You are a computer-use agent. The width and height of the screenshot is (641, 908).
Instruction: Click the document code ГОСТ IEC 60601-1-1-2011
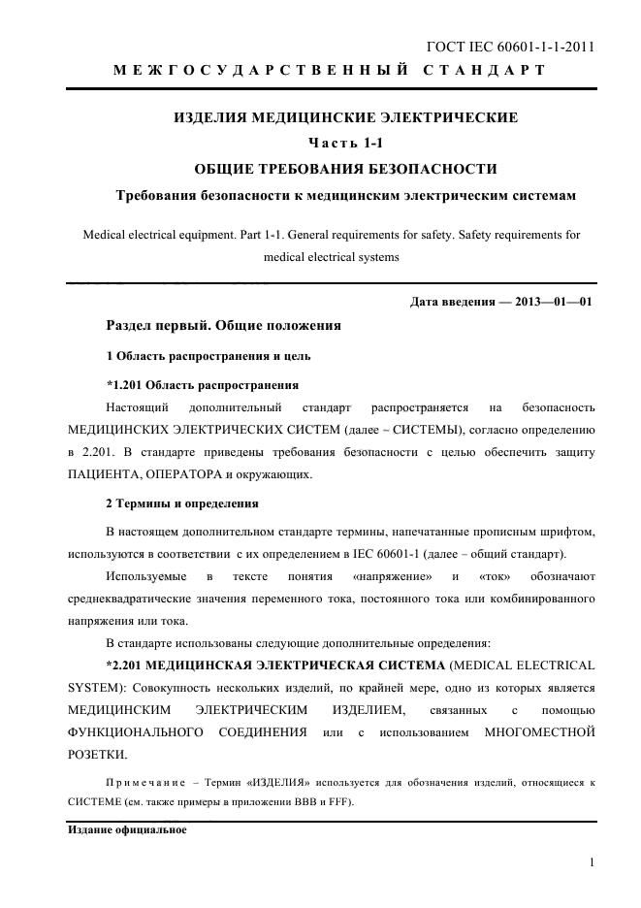click(x=510, y=47)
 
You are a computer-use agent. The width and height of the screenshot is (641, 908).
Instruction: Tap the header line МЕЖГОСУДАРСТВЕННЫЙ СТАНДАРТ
click(x=330, y=71)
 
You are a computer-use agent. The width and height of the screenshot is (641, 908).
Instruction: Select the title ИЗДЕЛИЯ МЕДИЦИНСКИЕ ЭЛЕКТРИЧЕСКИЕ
click(x=345, y=118)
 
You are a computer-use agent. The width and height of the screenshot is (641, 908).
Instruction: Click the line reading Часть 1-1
click(x=346, y=144)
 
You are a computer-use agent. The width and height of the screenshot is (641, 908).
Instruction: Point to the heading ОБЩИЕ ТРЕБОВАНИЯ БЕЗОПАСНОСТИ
click(x=346, y=169)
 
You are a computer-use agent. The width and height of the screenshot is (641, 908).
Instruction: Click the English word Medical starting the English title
click(x=106, y=235)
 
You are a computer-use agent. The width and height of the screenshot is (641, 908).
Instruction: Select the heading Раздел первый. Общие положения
click(x=223, y=325)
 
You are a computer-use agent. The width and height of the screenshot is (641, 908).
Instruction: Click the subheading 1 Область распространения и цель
click(x=208, y=355)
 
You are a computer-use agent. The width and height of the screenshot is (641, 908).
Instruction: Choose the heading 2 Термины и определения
click(x=181, y=503)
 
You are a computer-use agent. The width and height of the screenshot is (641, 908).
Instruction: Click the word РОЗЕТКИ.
click(x=95, y=755)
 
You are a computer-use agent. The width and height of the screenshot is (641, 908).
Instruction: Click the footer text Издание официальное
click(x=126, y=831)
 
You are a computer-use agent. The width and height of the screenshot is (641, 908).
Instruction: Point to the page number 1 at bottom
click(x=591, y=862)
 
